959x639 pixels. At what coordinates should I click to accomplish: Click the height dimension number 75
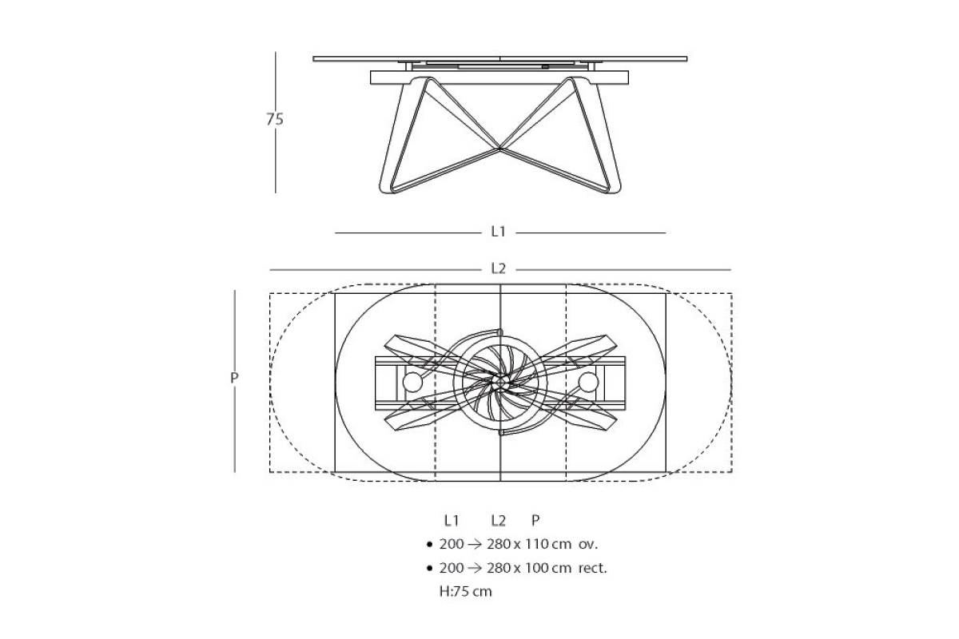(275, 119)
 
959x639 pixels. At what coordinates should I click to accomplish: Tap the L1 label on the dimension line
(499, 232)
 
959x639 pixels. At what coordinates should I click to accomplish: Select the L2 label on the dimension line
(499, 269)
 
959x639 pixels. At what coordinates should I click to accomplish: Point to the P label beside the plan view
(234, 378)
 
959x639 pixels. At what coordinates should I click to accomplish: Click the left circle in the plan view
(412, 382)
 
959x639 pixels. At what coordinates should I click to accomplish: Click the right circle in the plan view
(588, 382)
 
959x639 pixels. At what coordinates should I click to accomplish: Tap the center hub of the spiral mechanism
(500, 382)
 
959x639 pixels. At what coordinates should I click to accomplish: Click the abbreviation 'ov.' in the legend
(588, 545)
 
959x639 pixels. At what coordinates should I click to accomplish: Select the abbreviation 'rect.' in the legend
(592, 568)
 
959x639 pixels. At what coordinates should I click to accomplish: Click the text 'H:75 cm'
(465, 592)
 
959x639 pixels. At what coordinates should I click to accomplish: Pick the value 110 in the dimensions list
(537, 544)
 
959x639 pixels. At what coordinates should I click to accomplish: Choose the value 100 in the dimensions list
(537, 568)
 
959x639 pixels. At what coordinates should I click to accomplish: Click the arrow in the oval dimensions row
(475, 545)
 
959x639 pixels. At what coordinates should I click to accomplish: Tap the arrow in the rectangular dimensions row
(475, 569)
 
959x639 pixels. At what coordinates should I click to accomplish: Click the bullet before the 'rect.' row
(429, 569)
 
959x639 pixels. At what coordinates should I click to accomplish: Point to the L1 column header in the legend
(452, 521)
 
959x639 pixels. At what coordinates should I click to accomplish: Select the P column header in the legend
(535, 521)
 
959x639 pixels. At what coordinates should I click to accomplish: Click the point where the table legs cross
(499, 149)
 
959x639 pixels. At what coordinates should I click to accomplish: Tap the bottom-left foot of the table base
(390, 187)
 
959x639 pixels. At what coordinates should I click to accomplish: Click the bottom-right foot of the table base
(609, 187)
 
